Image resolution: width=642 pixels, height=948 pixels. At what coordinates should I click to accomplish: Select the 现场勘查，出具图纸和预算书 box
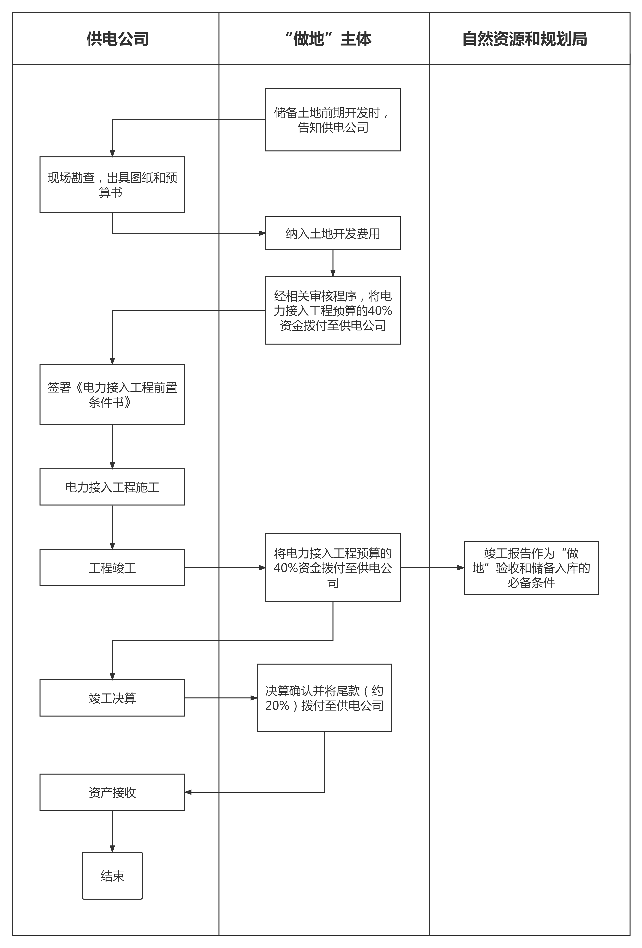(112, 184)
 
